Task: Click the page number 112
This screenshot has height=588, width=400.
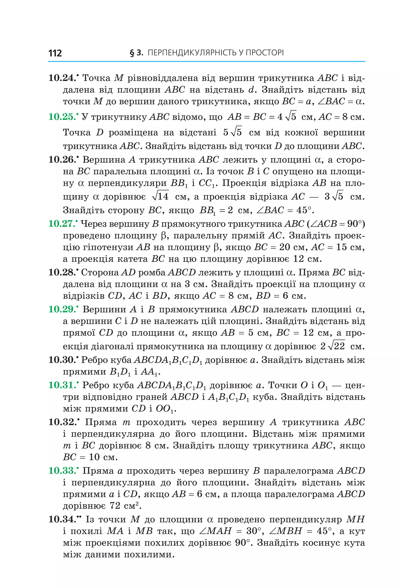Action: (55, 53)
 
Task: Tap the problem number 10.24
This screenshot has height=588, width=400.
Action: (62, 78)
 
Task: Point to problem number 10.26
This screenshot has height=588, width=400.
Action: (62, 160)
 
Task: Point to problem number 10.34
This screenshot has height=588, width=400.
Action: (62, 519)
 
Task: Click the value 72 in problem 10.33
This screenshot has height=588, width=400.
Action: (115, 506)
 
